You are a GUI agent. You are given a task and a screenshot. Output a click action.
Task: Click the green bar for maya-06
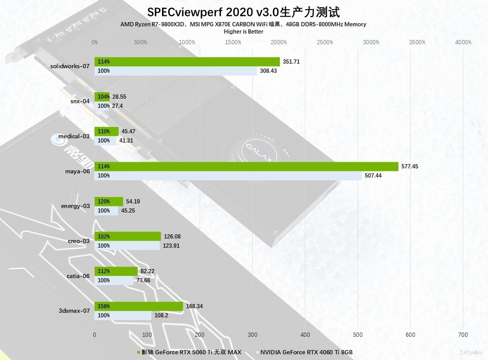click(246, 166)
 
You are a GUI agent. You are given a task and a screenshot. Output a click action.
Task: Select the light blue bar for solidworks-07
click(176, 71)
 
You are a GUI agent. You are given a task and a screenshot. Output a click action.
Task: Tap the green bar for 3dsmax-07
click(139, 306)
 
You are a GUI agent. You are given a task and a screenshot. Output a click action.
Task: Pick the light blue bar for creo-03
click(127, 246)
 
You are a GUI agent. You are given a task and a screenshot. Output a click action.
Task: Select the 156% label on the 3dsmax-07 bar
click(104, 306)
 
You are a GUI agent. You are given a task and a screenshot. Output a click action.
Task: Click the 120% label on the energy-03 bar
click(104, 202)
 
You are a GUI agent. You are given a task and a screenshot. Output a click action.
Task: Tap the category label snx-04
click(80, 101)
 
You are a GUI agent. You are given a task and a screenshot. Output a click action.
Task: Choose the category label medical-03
click(74, 136)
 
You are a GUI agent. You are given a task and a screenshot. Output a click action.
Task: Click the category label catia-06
click(78, 276)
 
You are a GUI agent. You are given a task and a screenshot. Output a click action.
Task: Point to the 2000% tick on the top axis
click(279, 42)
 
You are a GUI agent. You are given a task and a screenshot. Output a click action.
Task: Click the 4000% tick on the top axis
click(463, 42)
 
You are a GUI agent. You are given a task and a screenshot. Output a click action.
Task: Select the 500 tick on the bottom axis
click(358, 334)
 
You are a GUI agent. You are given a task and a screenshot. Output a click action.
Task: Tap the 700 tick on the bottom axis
click(463, 334)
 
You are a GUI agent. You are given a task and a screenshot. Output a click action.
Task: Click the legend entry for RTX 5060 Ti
click(189, 352)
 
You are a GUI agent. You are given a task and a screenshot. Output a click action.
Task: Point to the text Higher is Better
click(244, 32)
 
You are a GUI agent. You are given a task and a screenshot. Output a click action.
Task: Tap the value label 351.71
click(291, 61)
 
